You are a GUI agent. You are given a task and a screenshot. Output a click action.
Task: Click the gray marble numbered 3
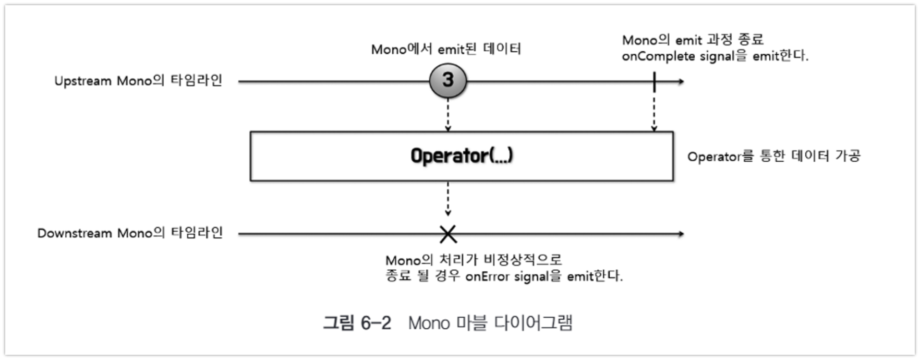coord(447,81)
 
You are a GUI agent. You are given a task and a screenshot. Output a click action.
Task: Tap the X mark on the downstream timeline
coord(447,234)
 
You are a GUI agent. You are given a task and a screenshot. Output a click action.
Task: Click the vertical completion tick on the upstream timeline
coord(654,81)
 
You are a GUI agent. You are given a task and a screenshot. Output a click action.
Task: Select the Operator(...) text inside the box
coord(462,155)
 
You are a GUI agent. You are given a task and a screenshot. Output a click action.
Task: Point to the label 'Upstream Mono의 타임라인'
coord(138,81)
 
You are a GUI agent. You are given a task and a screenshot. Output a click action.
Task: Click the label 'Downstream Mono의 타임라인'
coord(130,233)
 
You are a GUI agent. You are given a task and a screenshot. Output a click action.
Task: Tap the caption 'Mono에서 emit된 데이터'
coord(446,49)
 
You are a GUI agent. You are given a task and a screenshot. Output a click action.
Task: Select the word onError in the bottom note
coord(487,276)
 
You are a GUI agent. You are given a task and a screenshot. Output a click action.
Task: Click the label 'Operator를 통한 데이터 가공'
coord(773,156)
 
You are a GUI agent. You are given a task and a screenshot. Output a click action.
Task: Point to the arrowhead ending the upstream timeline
coord(680,81)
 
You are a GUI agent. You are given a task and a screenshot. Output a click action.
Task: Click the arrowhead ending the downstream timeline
coord(680,234)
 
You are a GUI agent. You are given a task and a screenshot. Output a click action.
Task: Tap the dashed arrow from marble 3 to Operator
coord(447,115)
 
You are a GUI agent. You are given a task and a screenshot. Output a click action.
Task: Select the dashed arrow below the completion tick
coord(654,112)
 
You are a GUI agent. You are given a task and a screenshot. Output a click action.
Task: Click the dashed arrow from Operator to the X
coord(447,198)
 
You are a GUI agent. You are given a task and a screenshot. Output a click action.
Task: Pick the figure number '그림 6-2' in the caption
coord(357,323)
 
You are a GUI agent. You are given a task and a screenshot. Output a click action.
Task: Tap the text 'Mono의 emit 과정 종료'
coord(693,40)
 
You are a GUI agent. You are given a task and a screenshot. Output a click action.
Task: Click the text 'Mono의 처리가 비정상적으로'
coord(474,260)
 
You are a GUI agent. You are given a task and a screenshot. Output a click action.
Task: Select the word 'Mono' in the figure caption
coord(429,323)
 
